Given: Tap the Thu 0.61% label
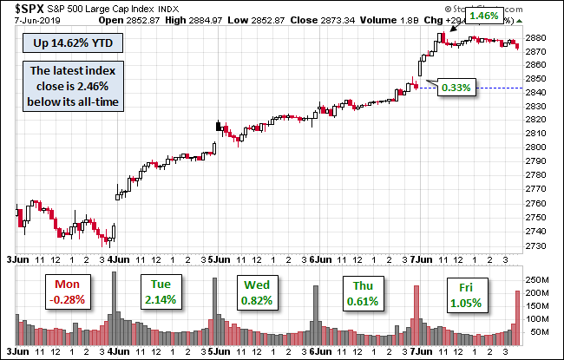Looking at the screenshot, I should tap(360, 292).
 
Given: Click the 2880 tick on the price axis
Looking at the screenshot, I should tap(534, 38).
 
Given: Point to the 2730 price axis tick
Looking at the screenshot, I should tap(534, 245).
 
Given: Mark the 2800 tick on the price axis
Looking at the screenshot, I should tap(534, 147).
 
